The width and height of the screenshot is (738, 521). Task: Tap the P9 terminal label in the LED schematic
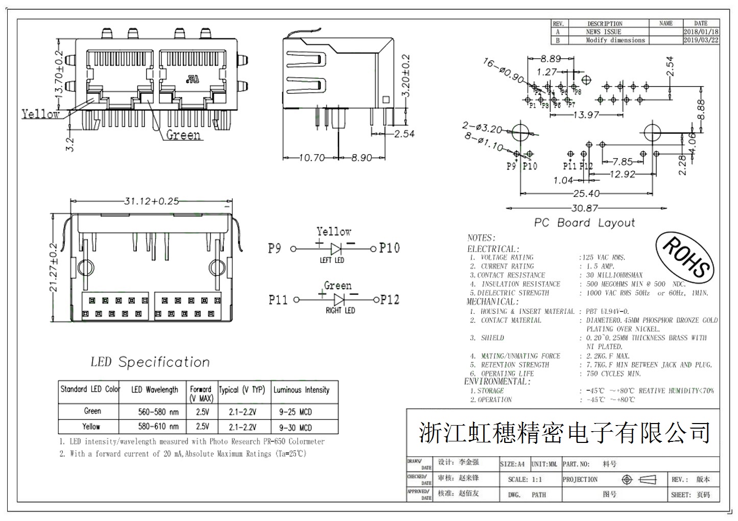275,249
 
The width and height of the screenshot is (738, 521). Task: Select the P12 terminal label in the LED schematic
390,300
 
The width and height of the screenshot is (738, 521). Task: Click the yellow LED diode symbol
336,249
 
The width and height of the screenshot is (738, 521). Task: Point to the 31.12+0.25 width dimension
151,201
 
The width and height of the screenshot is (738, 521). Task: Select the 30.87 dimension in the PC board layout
584,208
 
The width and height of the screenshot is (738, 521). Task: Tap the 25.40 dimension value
585,193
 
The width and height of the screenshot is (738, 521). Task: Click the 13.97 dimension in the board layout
585,115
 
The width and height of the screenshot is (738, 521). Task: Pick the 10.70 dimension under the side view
311,158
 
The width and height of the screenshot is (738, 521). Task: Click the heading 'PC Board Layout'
584,223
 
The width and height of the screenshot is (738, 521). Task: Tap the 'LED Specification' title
150,362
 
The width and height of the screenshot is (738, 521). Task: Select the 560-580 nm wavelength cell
158,412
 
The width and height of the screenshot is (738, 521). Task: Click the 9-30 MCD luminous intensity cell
295,428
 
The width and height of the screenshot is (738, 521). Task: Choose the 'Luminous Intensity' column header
301,390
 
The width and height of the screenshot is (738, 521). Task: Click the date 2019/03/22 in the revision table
701,40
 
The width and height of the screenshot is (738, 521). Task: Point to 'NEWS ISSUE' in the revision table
604,32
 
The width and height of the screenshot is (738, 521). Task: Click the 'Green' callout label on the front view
183,135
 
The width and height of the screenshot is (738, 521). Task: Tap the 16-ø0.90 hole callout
503,71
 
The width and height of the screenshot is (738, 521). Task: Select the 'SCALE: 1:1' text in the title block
525,480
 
